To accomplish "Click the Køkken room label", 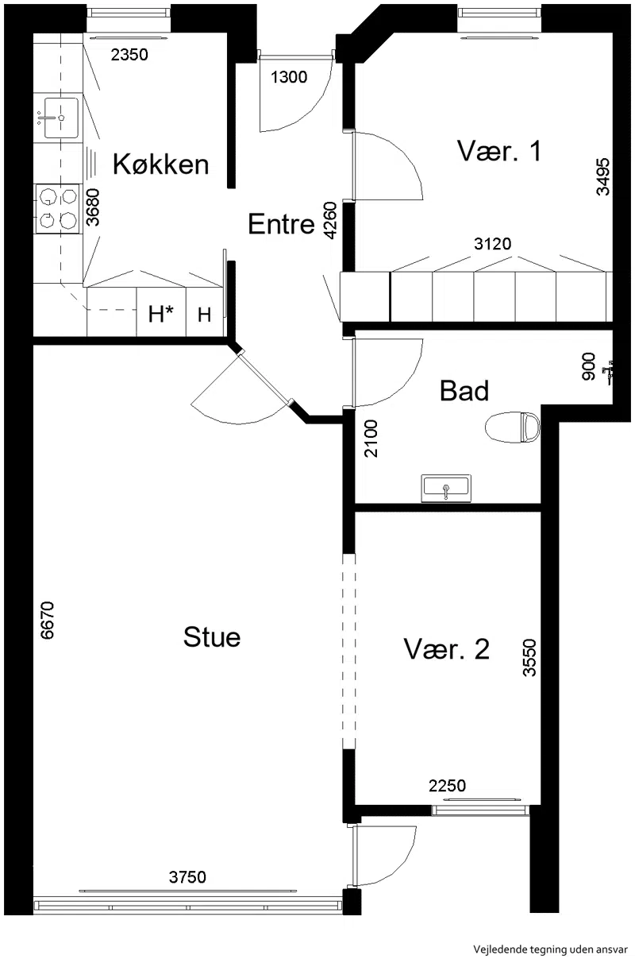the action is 160,164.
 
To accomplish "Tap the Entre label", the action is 282,223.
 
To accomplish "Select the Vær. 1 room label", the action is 499,151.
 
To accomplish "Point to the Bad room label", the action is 464,390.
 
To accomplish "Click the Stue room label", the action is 212,636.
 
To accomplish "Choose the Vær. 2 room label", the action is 447,649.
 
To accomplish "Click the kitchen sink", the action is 61,118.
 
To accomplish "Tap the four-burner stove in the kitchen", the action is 58,209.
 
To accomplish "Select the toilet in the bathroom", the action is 512,427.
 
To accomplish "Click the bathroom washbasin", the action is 446,488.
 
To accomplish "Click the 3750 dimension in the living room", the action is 187,877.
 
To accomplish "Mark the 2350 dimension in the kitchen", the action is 129,55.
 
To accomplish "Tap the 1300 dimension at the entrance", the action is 289,77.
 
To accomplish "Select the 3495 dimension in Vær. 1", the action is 603,176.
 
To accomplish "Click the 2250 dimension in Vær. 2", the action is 447,786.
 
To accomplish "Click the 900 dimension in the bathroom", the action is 589,366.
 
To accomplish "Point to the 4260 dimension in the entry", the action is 330,220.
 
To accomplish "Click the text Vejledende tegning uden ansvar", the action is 550,949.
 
